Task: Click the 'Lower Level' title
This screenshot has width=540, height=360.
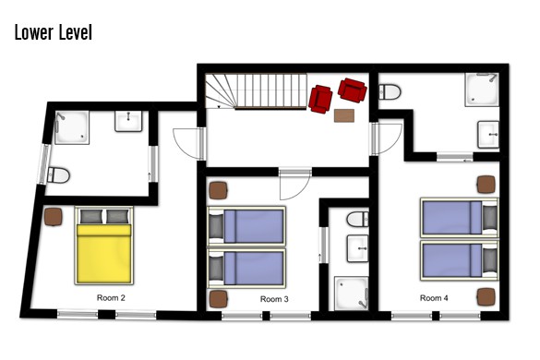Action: point(54,32)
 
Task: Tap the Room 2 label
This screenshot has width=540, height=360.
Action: point(111,297)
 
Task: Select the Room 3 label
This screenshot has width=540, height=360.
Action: point(274,299)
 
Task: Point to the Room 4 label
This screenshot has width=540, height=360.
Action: point(434,298)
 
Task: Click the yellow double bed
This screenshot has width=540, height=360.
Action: point(103,246)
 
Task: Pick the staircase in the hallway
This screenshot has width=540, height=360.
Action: point(256,91)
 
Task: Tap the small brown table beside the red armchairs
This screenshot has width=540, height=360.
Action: point(344,115)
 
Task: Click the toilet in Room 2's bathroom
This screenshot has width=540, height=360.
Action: point(58,175)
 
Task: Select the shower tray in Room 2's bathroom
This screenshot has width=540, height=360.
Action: point(72,127)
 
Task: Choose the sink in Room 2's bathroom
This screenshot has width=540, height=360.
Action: point(128,121)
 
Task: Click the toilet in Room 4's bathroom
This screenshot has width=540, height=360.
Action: point(390,92)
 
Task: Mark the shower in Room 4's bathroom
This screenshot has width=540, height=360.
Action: point(482,90)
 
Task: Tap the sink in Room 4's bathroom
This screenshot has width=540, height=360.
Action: point(488,135)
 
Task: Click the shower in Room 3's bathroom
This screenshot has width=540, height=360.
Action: point(352,293)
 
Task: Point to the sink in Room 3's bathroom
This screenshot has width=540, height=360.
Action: point(358,248)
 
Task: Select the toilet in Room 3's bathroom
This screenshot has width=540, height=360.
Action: point(357,219)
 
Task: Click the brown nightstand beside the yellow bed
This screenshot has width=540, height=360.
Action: point(53,217)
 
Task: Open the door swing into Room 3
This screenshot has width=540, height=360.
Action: point(295,185)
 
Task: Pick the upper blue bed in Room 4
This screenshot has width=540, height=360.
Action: point(460,218)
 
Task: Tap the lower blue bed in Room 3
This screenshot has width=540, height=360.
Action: point(246,269)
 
